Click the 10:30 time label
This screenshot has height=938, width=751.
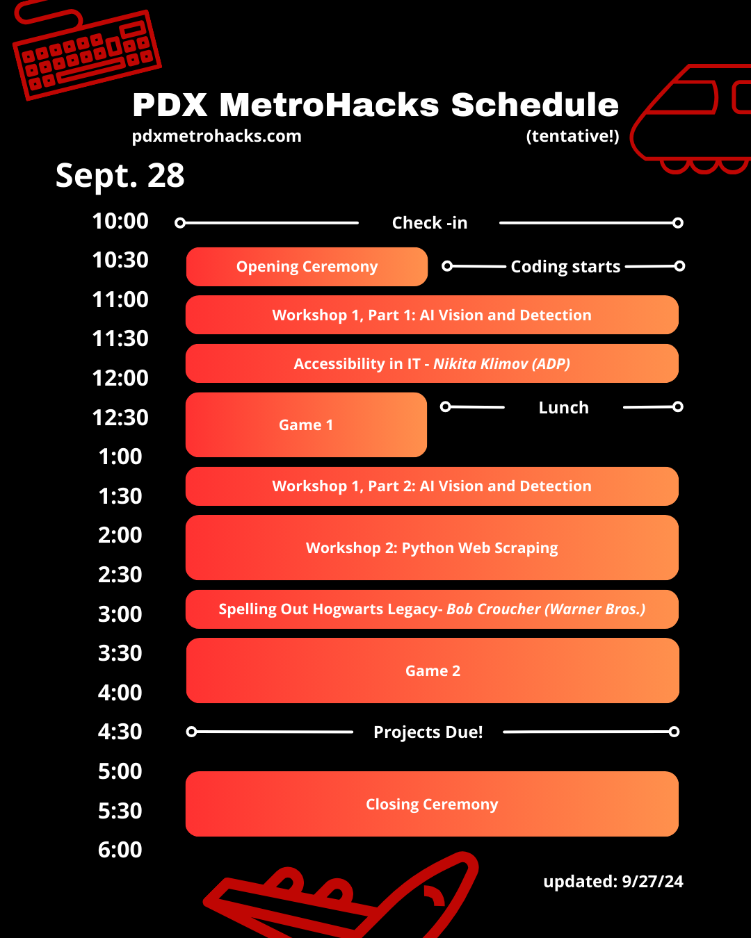pyautogui.click(x=120, y=260)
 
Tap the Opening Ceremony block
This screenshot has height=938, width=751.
pyautogui.click(x=307, y=267)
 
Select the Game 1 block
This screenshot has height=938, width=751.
pyautogui.click(x=306, y=425)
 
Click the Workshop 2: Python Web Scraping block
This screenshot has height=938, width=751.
pyautogui.click(x=432, y=548)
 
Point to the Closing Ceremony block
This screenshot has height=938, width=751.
pyautogui.click(x=432, y=804)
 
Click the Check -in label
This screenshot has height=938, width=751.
pyautogui.click(x=430, y=223)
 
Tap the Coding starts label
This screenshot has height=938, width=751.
pyautogui.click(x=565, y=266)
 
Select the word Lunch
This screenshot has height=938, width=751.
pyautogui.click(x=564, y=408)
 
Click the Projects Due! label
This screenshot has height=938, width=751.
pyautogui.click(x=428, y=732)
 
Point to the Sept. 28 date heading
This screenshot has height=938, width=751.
pyautogui.click(x=120, y=175)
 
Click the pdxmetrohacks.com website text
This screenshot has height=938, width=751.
pyautogui.click(x=216, y=136)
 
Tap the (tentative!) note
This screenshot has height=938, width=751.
pyautogui.click(x=572, y=136)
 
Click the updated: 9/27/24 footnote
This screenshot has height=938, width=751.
pyautogui.click(x=613, y=881)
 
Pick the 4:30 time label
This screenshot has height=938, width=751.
pyautogui.click(x=120, y=732)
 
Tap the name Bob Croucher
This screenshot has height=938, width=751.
pyautogui.click(x=494, y=609)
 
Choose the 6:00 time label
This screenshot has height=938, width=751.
pyautogui.click(x=120, y=850)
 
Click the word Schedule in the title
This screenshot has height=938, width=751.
pyautogui.click(x=535, y=105)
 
